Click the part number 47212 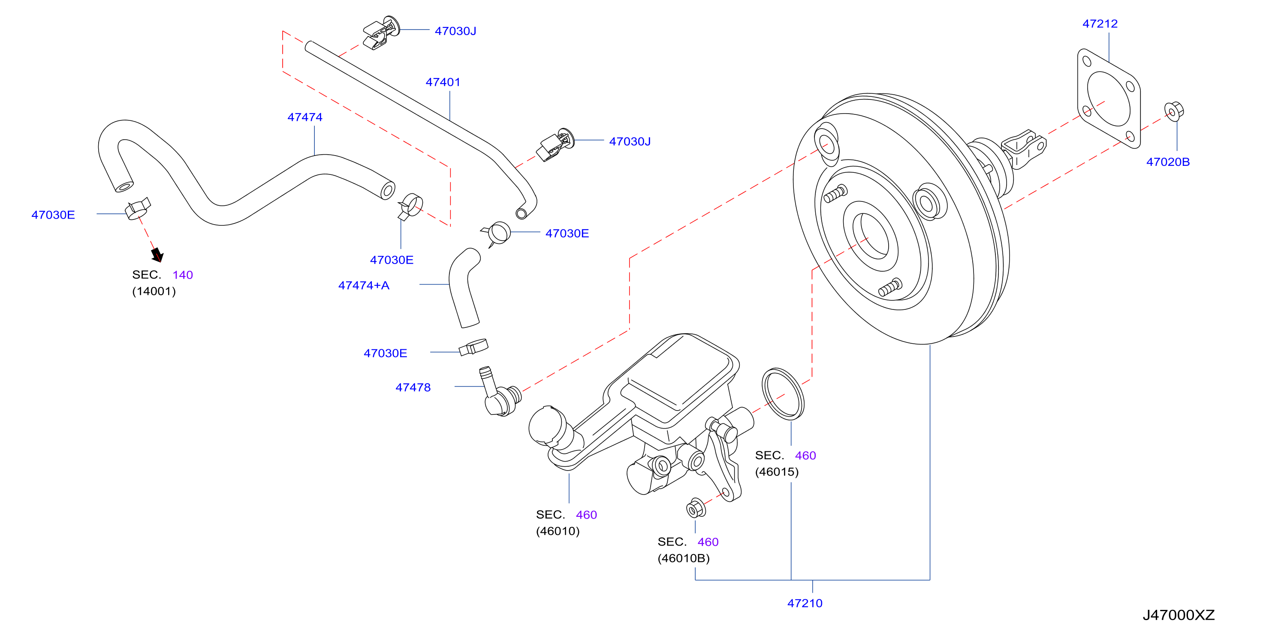coord(1100,24)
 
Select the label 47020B coord(1167,162)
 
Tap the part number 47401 coord(443,82)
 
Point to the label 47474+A coord(363,285)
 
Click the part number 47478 coord(413,387)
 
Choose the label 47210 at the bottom coord(805,603)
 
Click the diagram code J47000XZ coord(1179,615)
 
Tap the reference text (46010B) coord(684,558)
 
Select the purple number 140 coord(182,275)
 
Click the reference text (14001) coord(154,291)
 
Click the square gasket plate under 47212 coord(1109,99)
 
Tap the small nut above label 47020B coord(1174,111)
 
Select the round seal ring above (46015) coord(783,394)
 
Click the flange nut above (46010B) coord(696,508)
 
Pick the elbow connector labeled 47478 coord(498,393)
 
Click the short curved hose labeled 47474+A coord(464,288)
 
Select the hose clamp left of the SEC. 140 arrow coord(137,209)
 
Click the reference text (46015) coord(777,472)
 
